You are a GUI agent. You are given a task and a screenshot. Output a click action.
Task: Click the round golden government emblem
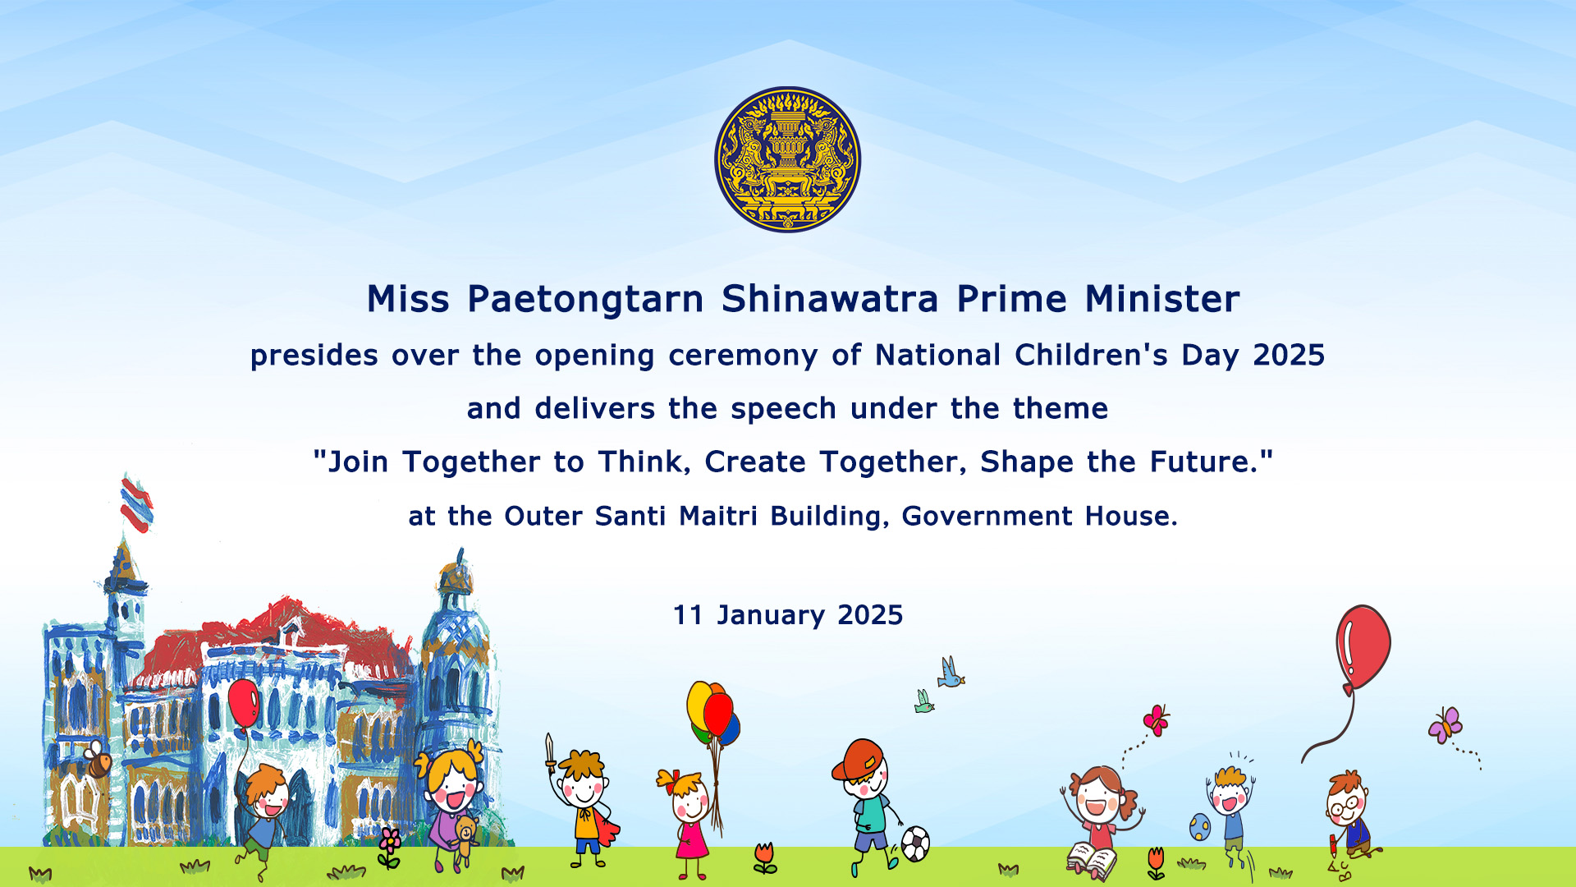787,159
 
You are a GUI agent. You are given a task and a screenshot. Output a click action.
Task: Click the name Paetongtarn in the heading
585,300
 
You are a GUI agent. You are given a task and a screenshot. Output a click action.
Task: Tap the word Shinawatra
829,298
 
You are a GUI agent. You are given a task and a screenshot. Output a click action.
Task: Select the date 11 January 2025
787,615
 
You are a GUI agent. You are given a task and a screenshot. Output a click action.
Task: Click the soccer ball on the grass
915,843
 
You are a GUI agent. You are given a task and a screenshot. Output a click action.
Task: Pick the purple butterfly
1445,725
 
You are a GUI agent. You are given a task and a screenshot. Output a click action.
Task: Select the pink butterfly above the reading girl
1156,720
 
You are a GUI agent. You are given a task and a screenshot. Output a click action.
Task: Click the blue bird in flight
951,672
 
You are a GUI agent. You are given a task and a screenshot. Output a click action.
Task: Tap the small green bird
923,701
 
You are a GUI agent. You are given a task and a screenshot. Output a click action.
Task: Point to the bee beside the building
97,760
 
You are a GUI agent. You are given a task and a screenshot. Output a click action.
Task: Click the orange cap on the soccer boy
857,759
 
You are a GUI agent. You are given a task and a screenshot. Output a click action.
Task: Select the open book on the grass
1092,861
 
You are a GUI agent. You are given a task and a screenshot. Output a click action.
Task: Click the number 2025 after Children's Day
1289,355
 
